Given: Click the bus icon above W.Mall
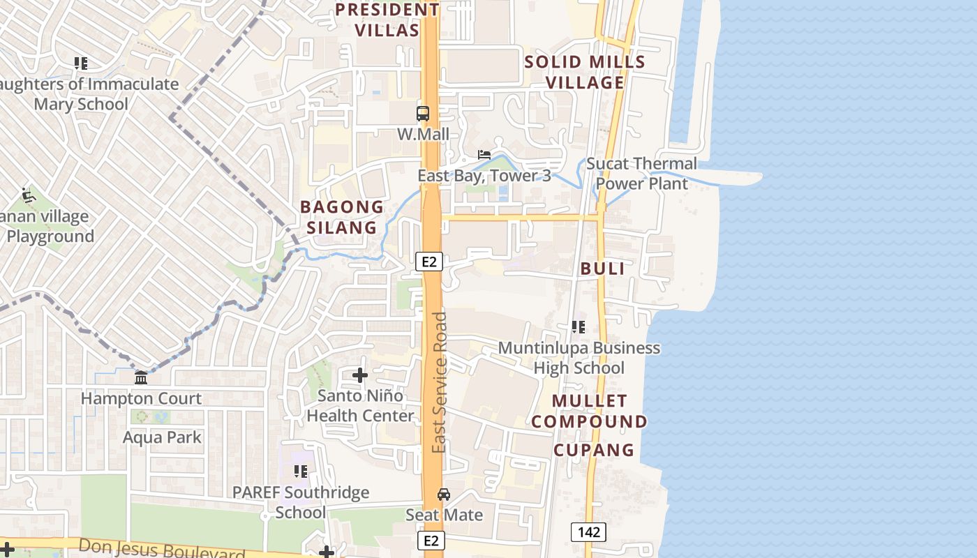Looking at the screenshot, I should pos(423,113).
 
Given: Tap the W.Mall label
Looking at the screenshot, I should pos(423,134).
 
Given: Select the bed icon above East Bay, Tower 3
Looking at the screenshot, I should pos(484,154).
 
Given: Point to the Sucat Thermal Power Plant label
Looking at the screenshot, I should pos(641,174).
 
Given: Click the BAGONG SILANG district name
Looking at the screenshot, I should pos(342,217).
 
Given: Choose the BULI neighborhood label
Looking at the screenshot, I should pos(602,269).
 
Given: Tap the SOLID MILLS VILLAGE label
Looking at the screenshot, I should pos(585,72).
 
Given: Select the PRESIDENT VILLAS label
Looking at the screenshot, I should pos(387,20).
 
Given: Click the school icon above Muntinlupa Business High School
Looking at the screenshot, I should pos(579,326).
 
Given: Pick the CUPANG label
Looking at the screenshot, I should pos(594,450).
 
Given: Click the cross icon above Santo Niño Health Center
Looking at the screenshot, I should pos(360,375).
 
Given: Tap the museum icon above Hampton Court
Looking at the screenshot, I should pos(141,377).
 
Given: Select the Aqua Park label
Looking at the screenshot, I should pos(162,437).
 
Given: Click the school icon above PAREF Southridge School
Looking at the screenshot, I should pos(301,472).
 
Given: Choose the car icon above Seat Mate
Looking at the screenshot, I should pos(444,495).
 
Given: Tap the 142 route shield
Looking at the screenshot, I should pos(588,532).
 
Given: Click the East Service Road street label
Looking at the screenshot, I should pos(439,382).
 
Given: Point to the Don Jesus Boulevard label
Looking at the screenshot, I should pos(162,549).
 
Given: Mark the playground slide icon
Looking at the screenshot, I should pos(28,195).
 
